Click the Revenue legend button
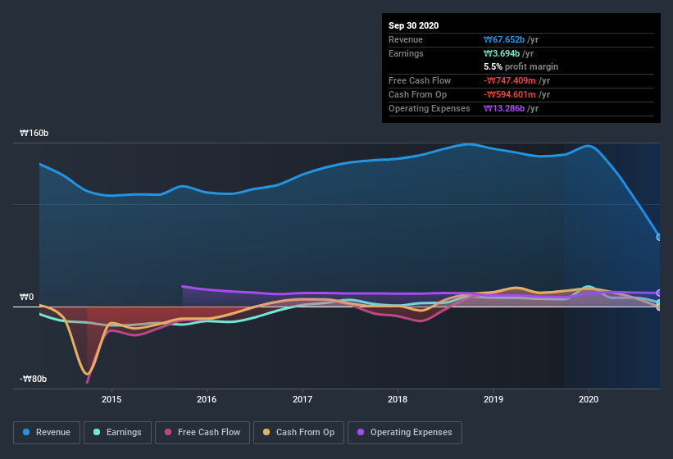47,432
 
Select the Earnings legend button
116,432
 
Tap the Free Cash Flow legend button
202,432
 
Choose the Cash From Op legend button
298,432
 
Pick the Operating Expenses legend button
404,432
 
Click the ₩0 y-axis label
27,297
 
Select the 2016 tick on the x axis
207,399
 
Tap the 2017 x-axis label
302,399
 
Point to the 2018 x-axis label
398,399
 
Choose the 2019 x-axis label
493,399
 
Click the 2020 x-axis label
589,399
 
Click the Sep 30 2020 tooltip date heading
413,25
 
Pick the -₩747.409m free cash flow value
517,81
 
